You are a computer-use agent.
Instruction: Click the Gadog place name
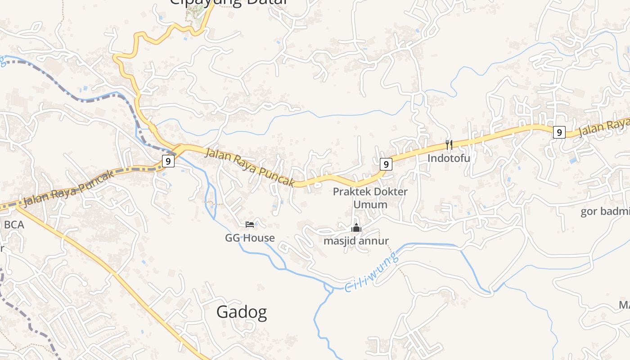(242, 312)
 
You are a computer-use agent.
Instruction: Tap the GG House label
(250, 238)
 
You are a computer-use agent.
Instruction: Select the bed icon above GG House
(250, 224)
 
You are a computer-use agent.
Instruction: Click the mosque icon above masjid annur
(356, 228)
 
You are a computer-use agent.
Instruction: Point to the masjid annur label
(356, 241)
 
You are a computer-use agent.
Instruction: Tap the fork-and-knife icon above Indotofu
(449, 144)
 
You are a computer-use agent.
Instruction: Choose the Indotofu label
(449, 158)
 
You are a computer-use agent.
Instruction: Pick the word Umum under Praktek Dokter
(370, 205)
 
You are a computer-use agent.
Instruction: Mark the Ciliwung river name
(372, 272)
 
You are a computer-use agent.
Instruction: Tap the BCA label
(14, 225)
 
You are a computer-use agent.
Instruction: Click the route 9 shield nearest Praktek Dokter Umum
(386, 164)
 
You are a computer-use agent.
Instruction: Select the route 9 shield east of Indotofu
(559, 132)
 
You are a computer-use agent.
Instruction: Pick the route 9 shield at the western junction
(168, 161)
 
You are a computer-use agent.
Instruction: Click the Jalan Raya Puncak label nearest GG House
(250, 167)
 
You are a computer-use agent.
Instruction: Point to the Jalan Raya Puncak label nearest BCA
(68, 189)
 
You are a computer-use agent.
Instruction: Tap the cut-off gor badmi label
(605, 211)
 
